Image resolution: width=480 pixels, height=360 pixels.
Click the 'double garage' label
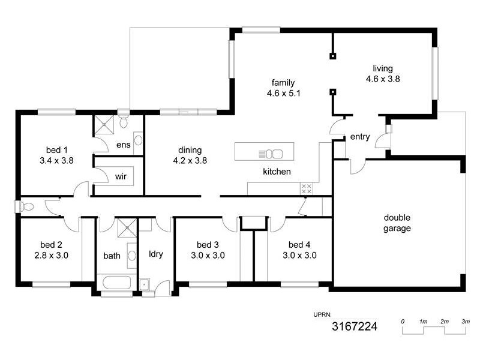[397, 223]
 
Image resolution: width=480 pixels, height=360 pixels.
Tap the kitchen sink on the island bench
[274, 154]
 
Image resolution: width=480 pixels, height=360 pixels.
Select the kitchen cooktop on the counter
[306, 188]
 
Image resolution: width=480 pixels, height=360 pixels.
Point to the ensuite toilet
[124, 122]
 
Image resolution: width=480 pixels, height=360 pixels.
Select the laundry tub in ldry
[145, 284]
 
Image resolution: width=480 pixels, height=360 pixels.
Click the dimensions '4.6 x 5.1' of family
[284, 93]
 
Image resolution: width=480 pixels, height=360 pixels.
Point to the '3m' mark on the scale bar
[465, 322]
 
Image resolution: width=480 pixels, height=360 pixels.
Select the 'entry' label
[359, 137]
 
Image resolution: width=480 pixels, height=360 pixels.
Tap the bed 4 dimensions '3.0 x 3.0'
[299, 255]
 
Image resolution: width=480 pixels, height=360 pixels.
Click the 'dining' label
[190, 150]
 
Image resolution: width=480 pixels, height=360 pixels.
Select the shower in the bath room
[126, 229]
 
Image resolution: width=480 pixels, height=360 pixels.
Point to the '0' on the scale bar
[403, 322]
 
